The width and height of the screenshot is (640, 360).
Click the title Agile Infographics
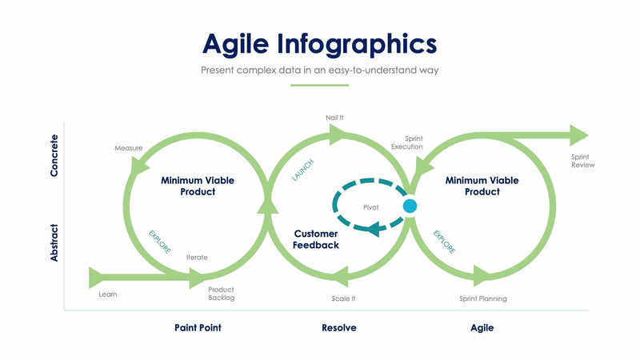click(319, 42)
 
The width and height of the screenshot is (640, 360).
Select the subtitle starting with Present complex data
click(319, 70)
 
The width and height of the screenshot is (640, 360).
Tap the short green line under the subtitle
click(319, 85)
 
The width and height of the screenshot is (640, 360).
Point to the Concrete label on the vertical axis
click(54, 155)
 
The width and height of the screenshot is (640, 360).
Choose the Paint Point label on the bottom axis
click(198, 328)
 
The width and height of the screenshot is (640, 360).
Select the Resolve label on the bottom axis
click(338, 328)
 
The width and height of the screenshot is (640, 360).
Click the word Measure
click(128, 148)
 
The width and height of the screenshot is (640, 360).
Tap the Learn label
click(107, 294)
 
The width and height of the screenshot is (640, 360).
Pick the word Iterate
click(197, 258)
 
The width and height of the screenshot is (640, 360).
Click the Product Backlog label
click(221, 294)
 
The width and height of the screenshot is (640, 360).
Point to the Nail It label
click(334, 118)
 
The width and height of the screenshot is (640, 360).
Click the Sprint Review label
click(582, 161)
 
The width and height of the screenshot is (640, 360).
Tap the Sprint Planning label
click(482, 298)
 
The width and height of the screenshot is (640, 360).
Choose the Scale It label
click(343, 298)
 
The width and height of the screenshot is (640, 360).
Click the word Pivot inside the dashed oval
click(370, 207)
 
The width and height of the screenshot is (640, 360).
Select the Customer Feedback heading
click(316, 239)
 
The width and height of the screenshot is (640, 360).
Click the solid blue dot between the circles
click(410, 206)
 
